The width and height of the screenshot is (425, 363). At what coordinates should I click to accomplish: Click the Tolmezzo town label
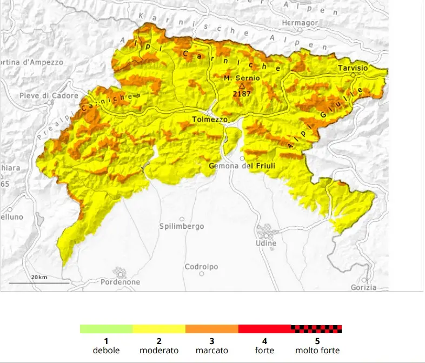tap(210, 119)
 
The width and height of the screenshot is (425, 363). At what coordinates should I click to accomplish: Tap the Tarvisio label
tap(353, 68)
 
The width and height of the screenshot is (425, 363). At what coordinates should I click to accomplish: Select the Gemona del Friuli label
tap(242, 166)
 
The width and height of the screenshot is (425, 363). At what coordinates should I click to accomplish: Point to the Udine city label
tap(265, 243)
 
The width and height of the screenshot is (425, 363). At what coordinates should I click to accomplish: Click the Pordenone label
tap(120, 282)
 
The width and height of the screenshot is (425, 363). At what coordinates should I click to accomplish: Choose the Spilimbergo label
tap(182, 226)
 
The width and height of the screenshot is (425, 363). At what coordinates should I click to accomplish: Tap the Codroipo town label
tap(201, 267)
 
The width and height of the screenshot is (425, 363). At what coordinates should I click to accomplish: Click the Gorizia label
tap(363, 287)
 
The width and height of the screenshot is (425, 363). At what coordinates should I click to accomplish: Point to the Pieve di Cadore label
tap(42, 96)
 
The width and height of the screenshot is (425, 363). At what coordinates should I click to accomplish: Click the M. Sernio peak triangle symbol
tap(242, 85)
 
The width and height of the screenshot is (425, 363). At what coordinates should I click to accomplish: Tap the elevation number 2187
tap(242, 93)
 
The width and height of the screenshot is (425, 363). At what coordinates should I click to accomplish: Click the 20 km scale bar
tap(39, 282)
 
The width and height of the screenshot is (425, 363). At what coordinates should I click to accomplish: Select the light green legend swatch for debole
tap(106, 329)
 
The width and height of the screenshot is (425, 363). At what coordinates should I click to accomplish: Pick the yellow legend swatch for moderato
tap(159, 329)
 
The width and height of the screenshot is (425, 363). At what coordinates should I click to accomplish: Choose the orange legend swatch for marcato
tap(211, 329)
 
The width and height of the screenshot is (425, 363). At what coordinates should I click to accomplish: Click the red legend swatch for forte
tap(264, 329)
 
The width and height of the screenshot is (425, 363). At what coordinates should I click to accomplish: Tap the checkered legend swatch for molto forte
tap(317, 329)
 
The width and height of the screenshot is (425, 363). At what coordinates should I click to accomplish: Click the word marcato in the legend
tap(211, 351)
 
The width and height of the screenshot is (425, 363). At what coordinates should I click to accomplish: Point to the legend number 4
tap(264, 341)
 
